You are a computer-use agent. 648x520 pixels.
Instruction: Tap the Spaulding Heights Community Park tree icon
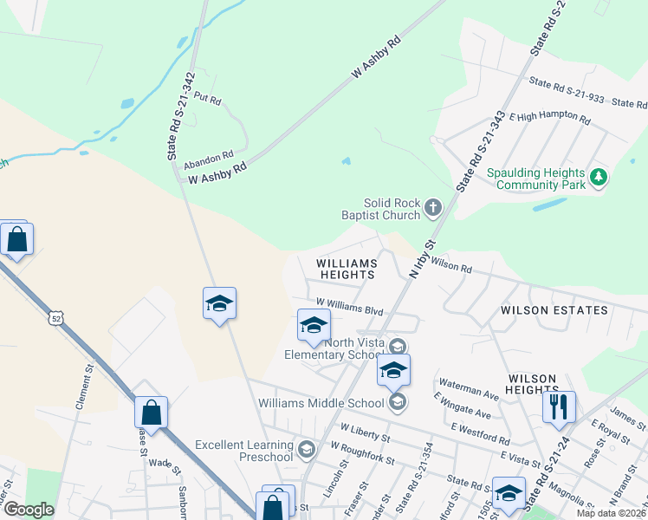click(x=598, y=179)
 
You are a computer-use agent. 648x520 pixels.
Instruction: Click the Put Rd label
click(x=207, y=100)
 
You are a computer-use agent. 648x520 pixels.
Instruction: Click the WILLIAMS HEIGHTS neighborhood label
click(x=347, y=269)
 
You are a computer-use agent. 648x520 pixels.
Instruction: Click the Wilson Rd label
click(x=450, y=265)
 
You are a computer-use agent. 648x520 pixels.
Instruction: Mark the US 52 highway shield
click(x=56, y=319)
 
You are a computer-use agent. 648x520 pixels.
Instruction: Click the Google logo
click(x=29, y=510)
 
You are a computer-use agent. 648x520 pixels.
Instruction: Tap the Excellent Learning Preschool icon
click(x=306, y=449)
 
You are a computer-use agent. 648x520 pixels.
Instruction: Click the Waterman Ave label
click(x=469, y=388)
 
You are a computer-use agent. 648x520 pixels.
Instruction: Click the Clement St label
click(x=85, y=387)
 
